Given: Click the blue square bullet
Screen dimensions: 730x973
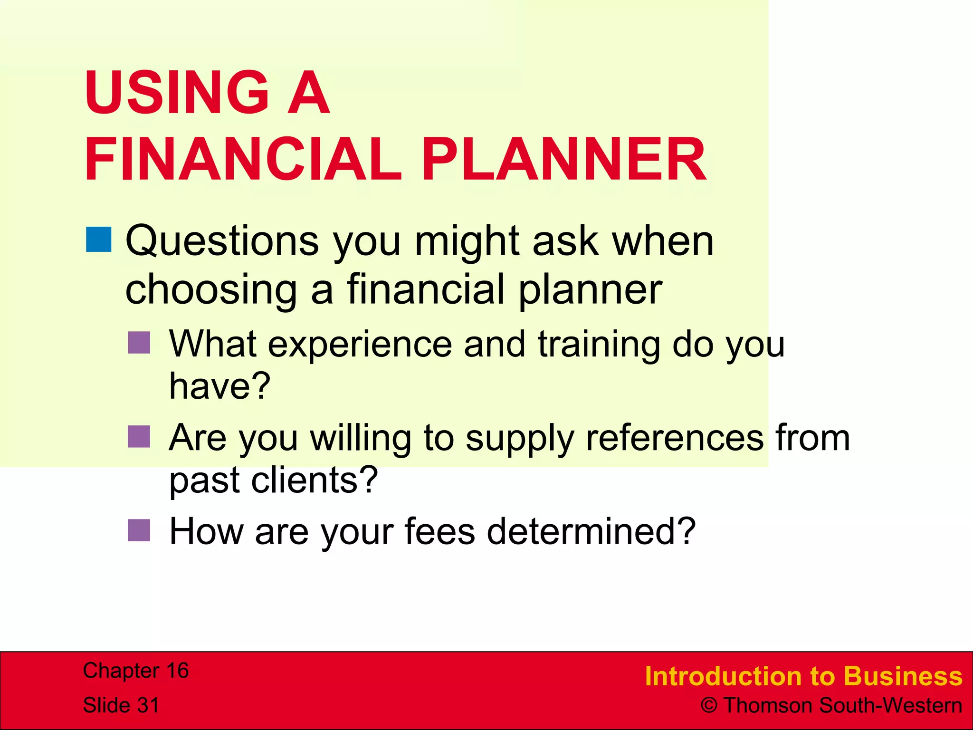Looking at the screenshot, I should [x=99, y=240].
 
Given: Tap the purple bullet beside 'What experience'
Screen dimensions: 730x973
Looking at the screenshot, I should [x=139, y=343].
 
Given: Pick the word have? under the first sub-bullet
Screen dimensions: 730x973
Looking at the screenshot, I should [x=220, y=386].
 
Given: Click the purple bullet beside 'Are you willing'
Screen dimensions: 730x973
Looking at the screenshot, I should [x=139, y=437].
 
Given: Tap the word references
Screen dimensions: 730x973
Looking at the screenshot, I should [x=675, y=438].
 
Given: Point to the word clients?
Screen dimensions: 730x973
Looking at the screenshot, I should [x=314, y=480].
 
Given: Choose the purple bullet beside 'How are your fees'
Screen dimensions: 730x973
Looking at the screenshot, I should [x=139, y=530].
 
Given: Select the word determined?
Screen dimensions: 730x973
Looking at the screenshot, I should [x=591, y=531].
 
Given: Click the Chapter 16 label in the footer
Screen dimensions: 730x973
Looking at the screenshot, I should [x=136, y=671].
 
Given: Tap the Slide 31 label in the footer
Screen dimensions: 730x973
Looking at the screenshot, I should [x=121, y=705].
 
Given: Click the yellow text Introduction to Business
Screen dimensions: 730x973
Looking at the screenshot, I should [x=803, y=676].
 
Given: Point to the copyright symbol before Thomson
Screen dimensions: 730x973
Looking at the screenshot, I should [x=709, y=706].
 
